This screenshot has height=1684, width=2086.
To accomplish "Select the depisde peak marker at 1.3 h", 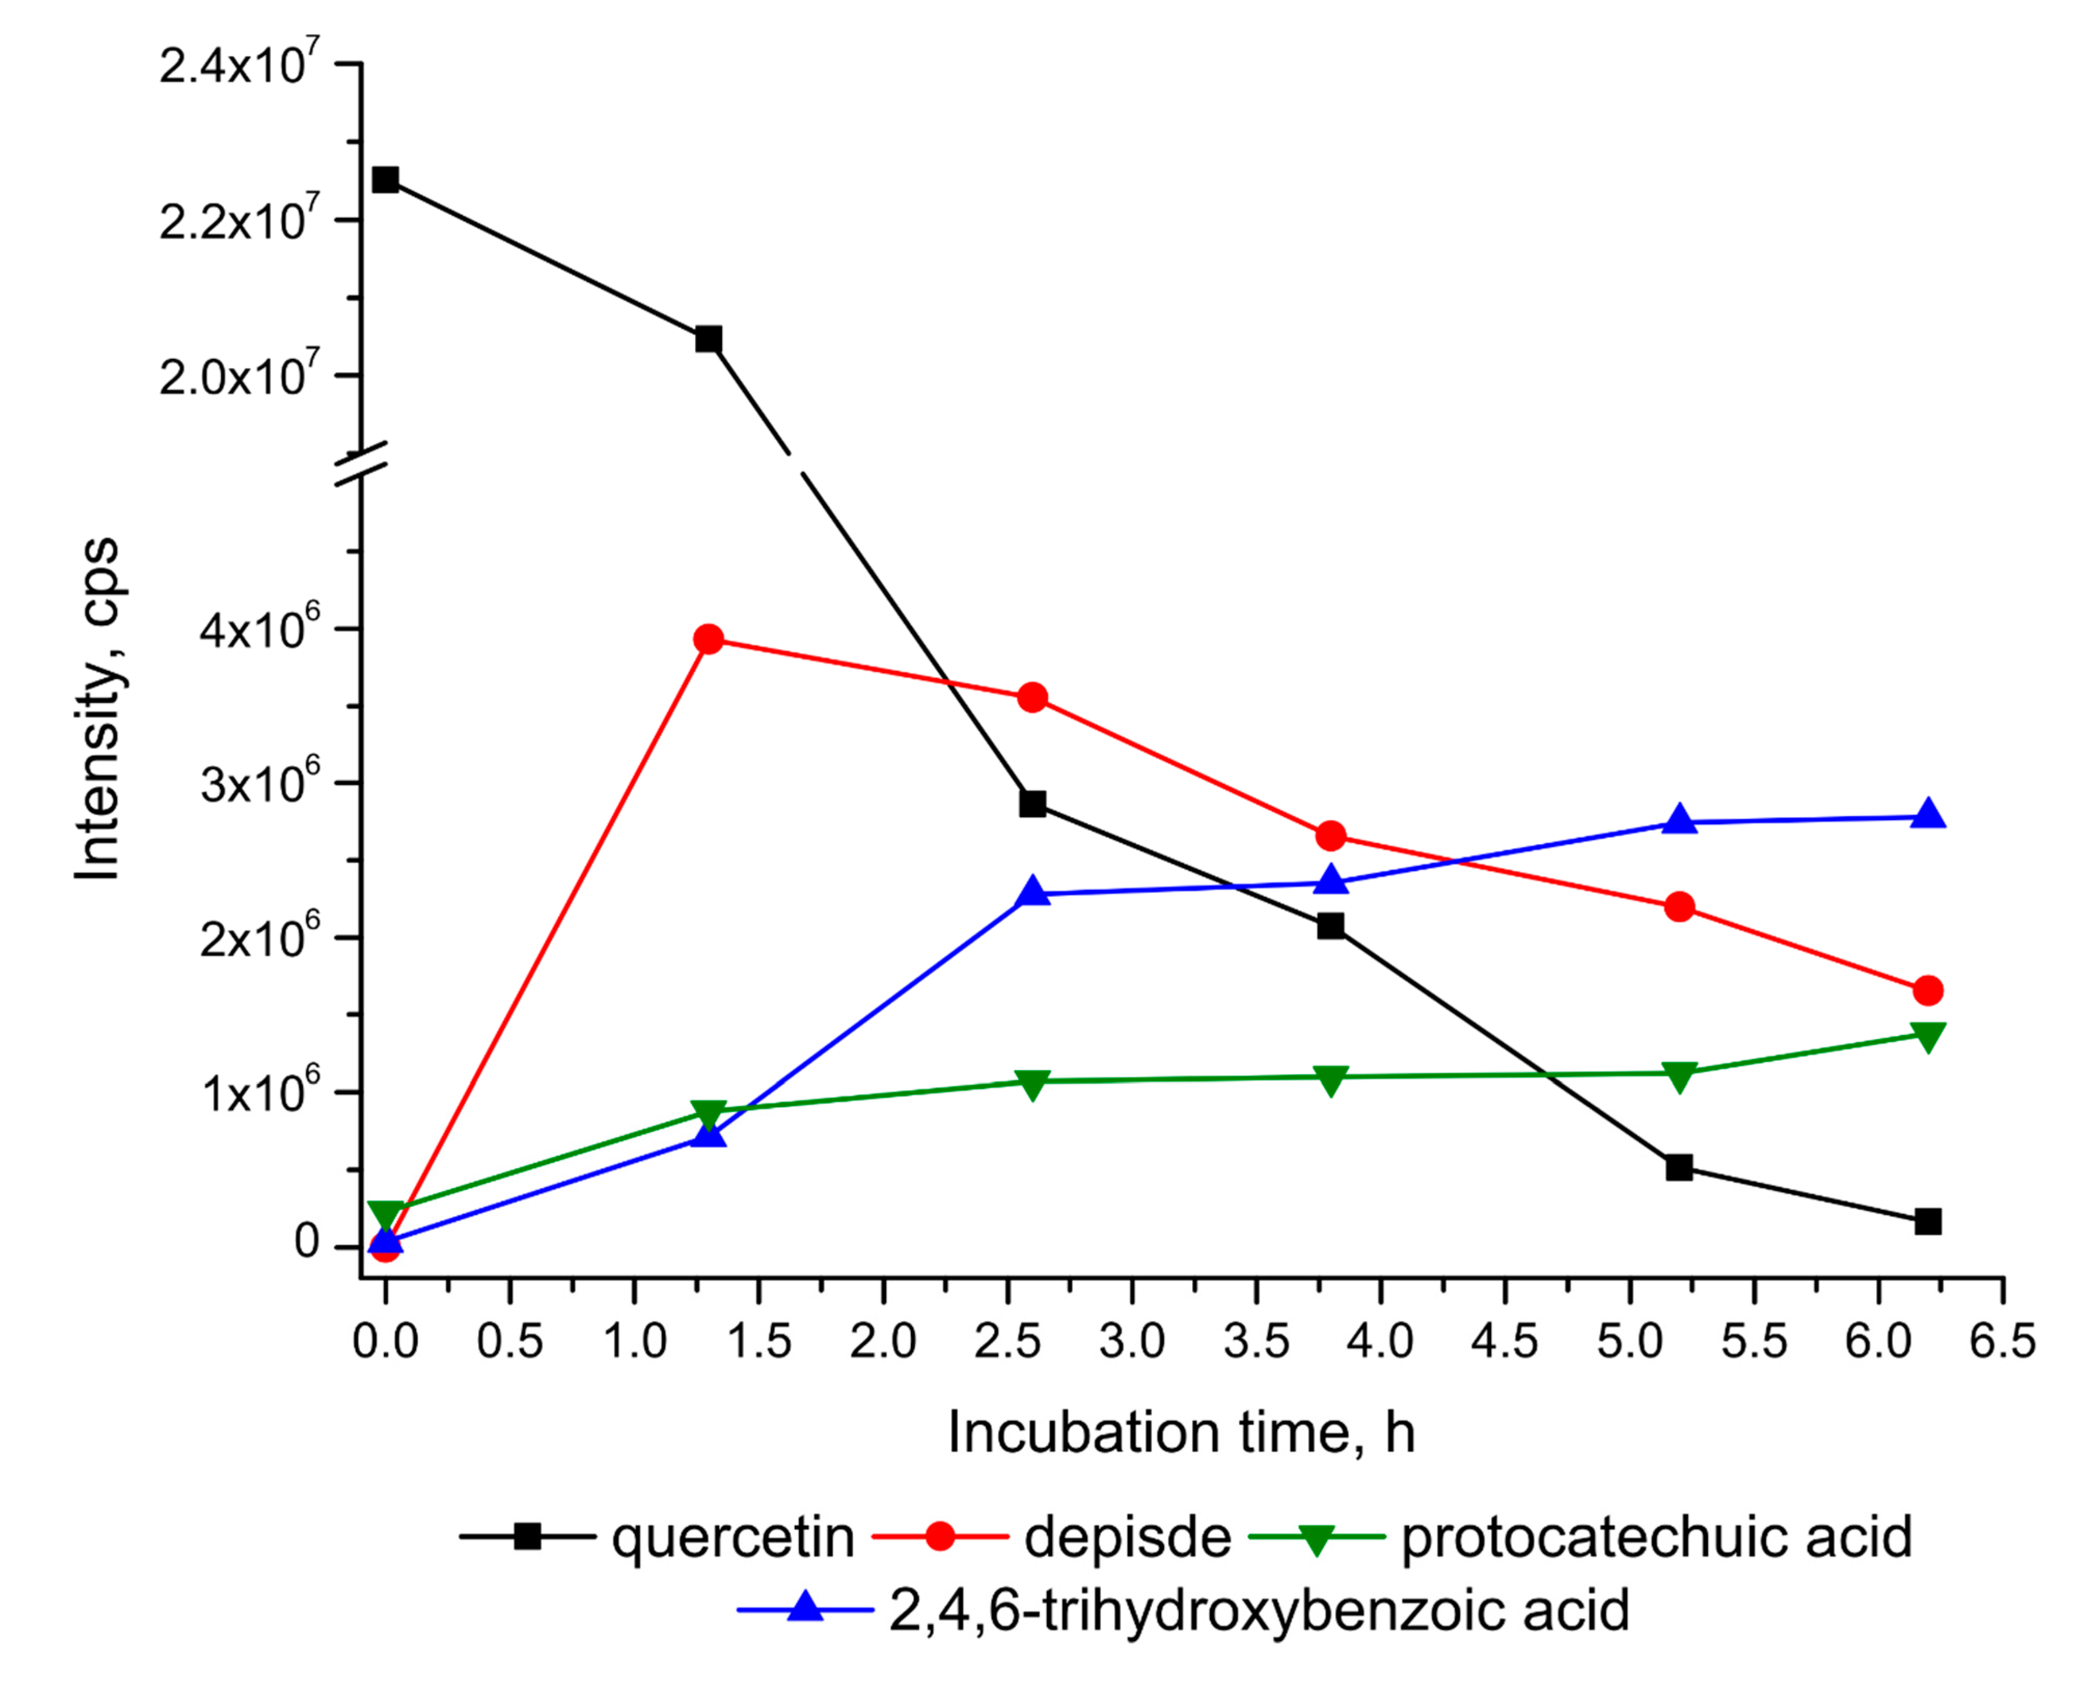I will [x=709, y=639].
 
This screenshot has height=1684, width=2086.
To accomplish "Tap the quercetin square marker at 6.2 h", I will [x=1928, y=1221].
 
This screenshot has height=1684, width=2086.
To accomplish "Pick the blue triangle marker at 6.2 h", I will [x=1928, y=815].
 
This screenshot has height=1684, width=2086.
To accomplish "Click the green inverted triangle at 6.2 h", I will [x=1928, y=1036].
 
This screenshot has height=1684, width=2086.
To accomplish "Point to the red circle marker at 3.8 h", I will [x=1331, y=835].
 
